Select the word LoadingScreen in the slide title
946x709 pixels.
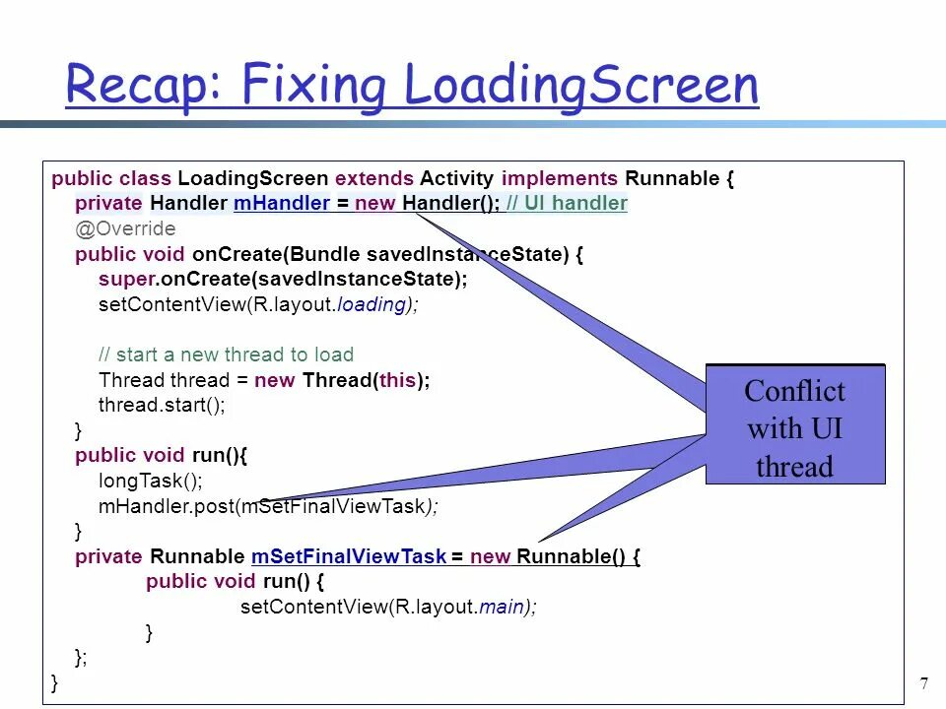[581, 85]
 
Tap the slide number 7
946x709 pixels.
[923, 684]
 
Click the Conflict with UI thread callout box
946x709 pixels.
[795, 427]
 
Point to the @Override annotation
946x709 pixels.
[125, 229]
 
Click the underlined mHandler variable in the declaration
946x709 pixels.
[282, 204]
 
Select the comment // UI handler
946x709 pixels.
[568, 204]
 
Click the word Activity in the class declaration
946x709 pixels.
[456, 178]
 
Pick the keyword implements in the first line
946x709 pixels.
[559, 178]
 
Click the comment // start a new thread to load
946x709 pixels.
[226, 354]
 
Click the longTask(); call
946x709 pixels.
[150, 481]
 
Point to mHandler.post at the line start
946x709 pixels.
[166, 506]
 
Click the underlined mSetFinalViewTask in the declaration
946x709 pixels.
[349, 556]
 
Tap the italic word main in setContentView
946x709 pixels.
[500, 607]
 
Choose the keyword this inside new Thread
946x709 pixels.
[397, 380]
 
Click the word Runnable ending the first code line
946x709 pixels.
[672, 178]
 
